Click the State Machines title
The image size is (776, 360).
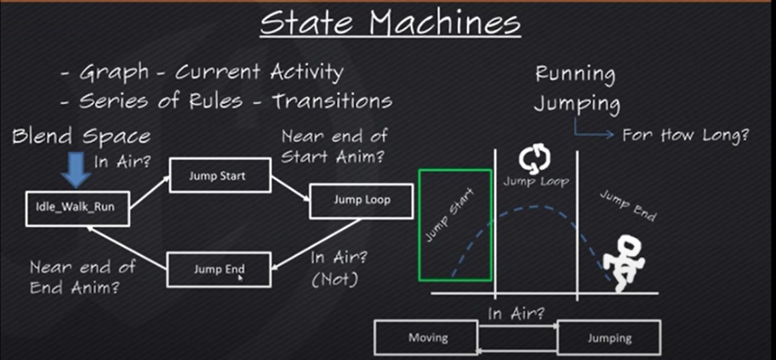pos(390,23)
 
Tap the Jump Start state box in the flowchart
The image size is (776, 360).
pos(220,176)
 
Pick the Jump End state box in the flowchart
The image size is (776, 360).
pos(220,270)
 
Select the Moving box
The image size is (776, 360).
pos(428,338)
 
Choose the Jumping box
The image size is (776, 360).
pos(609,338)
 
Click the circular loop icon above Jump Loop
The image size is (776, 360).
pos(534,157)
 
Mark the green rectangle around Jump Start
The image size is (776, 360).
pos(455,226)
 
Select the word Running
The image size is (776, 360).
pos(574,75)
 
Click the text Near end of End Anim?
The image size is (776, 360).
pos(82,277)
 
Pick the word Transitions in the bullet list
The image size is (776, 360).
pos(333,101)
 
